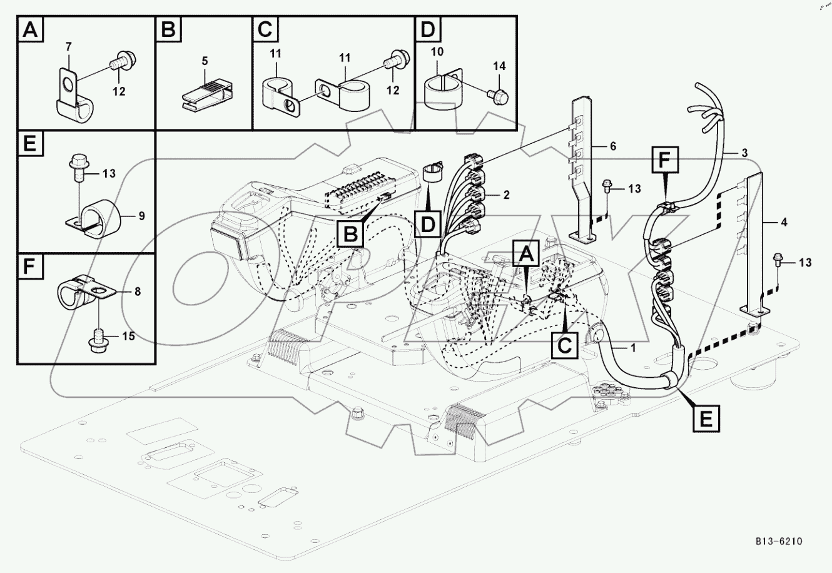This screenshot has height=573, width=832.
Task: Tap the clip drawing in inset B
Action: click(204, 92)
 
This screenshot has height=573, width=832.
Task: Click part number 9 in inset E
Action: click(141, 216)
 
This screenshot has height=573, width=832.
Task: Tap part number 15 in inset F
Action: click(128, 337)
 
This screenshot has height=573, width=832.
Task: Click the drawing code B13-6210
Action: click(778, 542)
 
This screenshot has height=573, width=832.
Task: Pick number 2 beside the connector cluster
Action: click(506, 195)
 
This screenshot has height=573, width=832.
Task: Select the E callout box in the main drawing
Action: click(705, 418)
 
